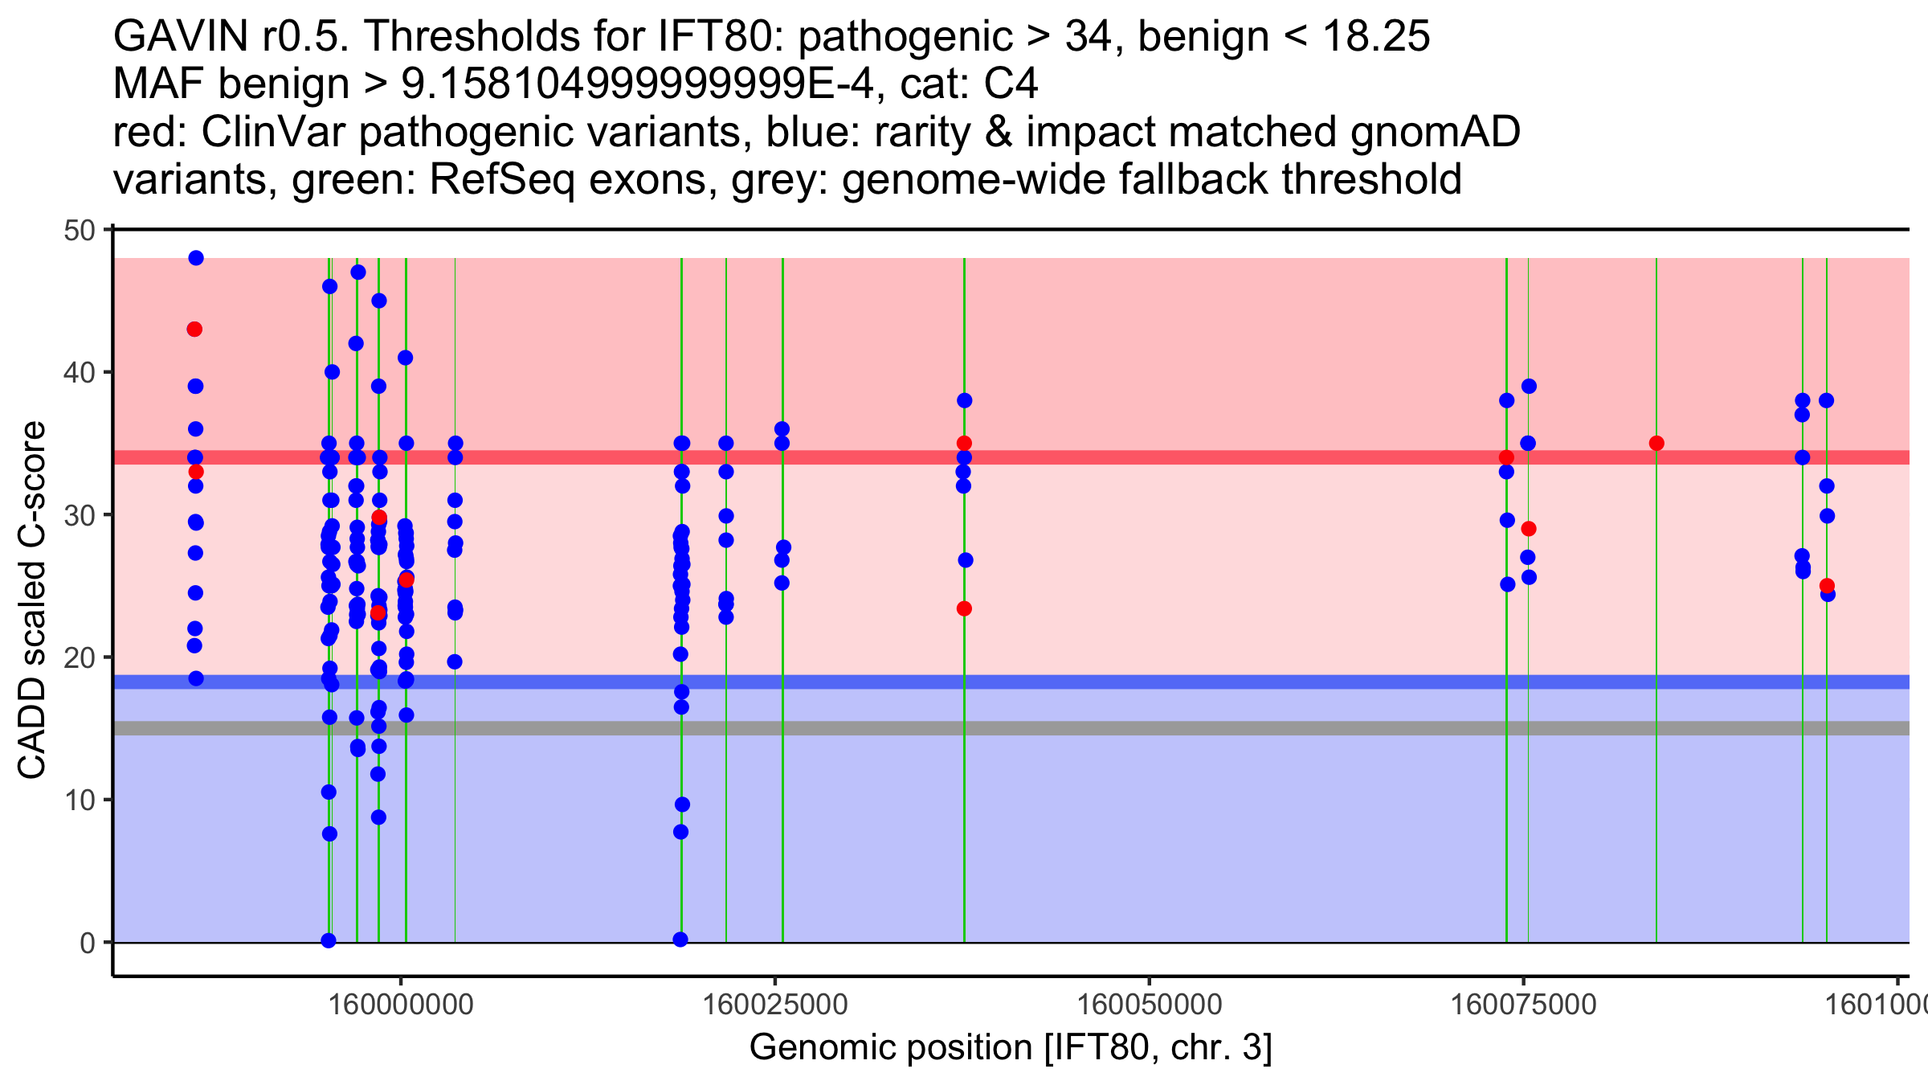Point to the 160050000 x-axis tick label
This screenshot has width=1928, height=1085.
point(1150,1005)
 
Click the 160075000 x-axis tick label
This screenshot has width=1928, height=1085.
point(1524,1005)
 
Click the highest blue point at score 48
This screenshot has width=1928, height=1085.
point(196,258)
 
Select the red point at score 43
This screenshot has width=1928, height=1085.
point(194,330)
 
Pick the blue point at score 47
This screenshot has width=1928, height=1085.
point(358,272)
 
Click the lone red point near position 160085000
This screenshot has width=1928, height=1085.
point(1656,444)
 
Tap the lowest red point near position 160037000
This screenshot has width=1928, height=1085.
point(964,608)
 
